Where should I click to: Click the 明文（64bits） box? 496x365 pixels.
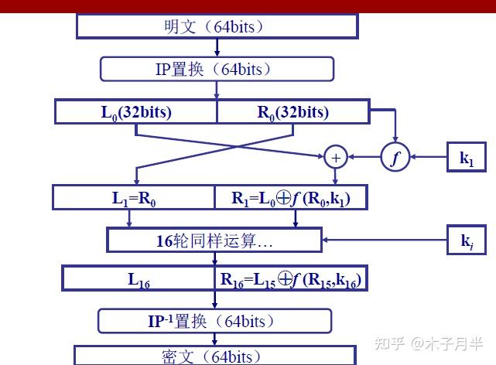pyautogui.click(x=217, y=26)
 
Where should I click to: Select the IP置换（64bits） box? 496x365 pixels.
pyautogui.click(x=216, y=69)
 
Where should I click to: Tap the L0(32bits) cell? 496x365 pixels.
pyautogui.click(x=136, y=111)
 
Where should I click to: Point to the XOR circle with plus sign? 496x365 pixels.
pyautogui.click(x=336, y=157)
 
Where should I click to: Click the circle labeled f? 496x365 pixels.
pyautogui.click(x=395, y=157)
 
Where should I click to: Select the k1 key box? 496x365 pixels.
pyautogui.click(x=467, y=158)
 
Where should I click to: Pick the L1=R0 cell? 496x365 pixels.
pyautogui.click(x=134, y=197)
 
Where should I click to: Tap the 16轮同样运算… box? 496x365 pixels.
pyautogui.click(x=214, y=240)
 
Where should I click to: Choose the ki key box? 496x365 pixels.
pyautogui.click(x=467, y=240)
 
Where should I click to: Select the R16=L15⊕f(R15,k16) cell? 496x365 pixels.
pyautogui.click(x=290, y=279)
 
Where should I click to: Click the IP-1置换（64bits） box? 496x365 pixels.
pyautogui.click(x=214, y=320)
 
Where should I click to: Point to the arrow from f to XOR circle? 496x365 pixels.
pyautogui.click(x=364, y=158)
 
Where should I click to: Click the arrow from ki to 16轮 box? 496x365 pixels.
pyautogui.click(x=386, y=240)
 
